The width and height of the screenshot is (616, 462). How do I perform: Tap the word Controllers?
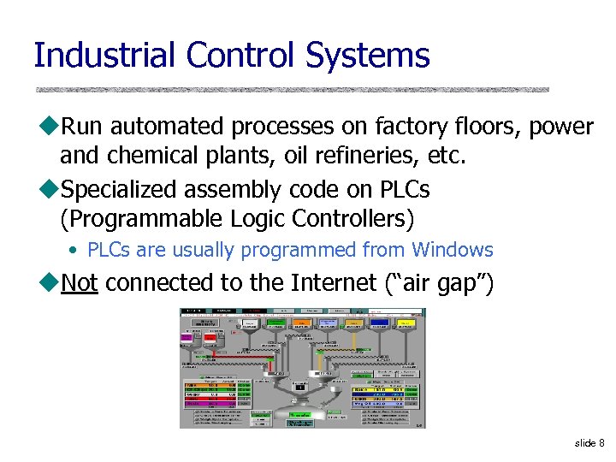click(352, 219)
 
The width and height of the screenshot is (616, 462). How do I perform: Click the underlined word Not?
click(80, 282)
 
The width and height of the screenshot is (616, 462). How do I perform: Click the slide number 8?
click(601, 442)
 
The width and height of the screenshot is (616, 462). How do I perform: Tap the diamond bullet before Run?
click(47, 127)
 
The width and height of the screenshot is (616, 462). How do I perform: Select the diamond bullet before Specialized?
click(47, 189)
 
